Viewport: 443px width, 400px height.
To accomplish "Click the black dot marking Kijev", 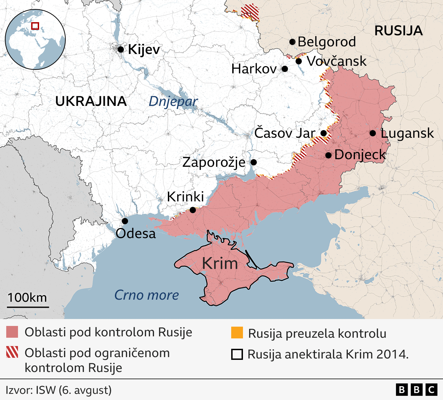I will [120, 49].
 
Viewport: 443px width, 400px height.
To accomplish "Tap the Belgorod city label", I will [326, 42].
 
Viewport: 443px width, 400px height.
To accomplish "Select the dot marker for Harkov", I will [285, 69].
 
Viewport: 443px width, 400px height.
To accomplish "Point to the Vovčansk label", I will [336, 61].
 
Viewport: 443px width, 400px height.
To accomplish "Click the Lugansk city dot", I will [373, 133].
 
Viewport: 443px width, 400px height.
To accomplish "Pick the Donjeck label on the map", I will [360, 155].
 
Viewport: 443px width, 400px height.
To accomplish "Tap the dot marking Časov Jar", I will [324, 133].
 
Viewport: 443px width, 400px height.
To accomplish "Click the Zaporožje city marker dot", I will [253, 162].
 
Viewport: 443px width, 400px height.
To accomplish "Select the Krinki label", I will [185, 197].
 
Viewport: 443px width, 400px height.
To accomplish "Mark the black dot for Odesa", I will [125, 221].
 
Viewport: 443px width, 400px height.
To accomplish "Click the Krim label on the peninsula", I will [220, 263].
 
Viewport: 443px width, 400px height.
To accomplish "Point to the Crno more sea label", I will [146, 295].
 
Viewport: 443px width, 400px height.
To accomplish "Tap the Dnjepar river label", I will [173, 101].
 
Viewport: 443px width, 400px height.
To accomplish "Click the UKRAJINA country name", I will [91, 101].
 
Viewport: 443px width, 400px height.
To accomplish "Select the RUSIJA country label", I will [398, 31].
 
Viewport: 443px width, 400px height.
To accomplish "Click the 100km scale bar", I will [28, 307].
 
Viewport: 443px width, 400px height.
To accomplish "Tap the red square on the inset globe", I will [35, 26].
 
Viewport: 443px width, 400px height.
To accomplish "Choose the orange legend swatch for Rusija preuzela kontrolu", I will [237, 333].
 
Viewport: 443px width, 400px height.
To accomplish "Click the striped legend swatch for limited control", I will [12, 352].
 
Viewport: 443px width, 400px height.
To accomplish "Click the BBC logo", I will [416, 390].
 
